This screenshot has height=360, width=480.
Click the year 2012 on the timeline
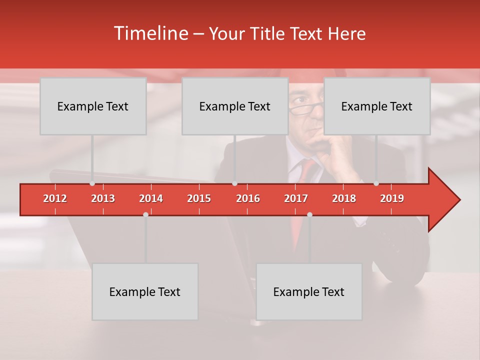click(55, 198)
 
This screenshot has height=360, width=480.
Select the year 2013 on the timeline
click(103, 198)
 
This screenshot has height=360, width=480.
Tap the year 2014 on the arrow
click(151, 198)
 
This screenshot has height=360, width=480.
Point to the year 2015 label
click(199, 198)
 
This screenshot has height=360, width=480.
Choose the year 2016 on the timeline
click(248, 198)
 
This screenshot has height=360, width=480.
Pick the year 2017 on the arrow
click(296, 198)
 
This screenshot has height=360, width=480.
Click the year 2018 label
click(344, 198)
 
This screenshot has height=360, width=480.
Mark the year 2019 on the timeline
click(392, 198)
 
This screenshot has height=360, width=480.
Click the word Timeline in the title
click(150, 33)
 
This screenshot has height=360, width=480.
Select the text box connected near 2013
click(93, 106)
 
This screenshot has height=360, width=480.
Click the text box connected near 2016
click(235, 106)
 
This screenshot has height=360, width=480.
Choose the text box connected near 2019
click(377, 106)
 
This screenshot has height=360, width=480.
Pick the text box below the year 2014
click(145, 291)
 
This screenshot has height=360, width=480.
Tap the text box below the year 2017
click(309, 291)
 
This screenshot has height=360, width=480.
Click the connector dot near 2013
click(92, 183)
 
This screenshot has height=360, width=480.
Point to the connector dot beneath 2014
click(145, 214)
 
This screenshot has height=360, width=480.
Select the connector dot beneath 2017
click(309, 214)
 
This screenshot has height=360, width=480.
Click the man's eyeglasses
click(306, 108)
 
